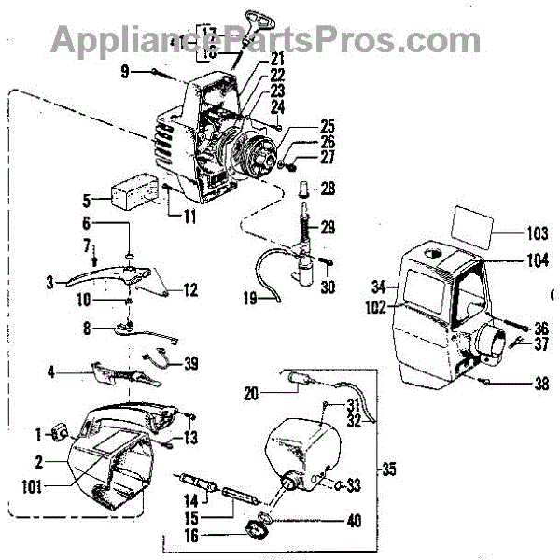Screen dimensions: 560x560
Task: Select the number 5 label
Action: click(86, 199)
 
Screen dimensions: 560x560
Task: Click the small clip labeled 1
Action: click(60, 433)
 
